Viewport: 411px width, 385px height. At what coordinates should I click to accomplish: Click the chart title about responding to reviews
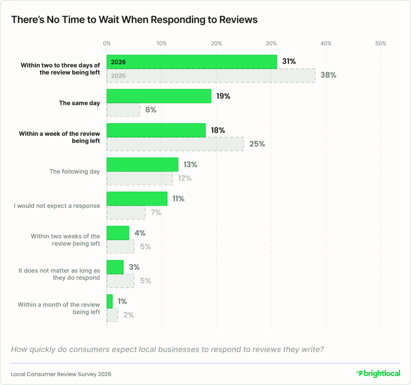tap(134, 20)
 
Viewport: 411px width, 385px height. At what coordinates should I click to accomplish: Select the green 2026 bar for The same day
tap(159, 96)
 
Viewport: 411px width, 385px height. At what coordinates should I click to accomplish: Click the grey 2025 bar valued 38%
tap(210, 75)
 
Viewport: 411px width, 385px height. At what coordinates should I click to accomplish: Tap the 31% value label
tap(289, 62)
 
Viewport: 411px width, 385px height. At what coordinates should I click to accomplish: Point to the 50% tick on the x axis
tap(380, 43)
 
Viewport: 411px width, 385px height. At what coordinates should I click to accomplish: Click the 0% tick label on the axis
tap(107, 43)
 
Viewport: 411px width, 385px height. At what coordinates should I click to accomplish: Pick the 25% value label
tap(257, 144)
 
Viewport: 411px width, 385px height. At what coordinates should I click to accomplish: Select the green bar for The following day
tap(142, 164)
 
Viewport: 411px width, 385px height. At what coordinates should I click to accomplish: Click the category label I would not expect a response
tap(57, 206)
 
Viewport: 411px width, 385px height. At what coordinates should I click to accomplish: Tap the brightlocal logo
tap(378, 373)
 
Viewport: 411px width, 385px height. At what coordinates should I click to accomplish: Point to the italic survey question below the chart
tap(167, 349)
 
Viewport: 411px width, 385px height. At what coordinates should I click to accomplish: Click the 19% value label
tap(223, 96)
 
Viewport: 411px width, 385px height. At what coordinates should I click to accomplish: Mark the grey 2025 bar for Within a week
tap(175, 144)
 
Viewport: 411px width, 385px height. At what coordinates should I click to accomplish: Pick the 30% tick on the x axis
tap(271, 43)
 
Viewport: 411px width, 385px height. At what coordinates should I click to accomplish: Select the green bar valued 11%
tap(137, 199)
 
